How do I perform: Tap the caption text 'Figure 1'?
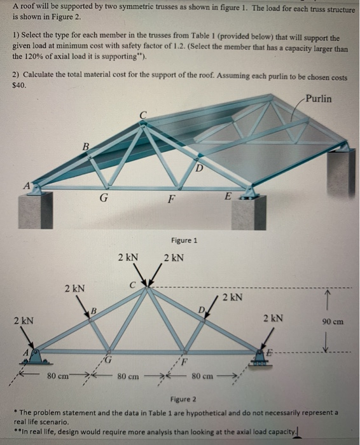[184, 240]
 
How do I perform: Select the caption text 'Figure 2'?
[184, 399]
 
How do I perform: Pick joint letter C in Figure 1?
[144, 114]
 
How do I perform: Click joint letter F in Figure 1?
[170, 198]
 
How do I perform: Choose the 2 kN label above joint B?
[74, 289]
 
